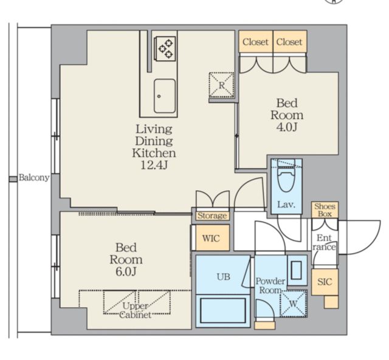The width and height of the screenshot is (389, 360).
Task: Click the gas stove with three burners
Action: point(165,49)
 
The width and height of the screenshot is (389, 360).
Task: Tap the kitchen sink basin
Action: point(165,96)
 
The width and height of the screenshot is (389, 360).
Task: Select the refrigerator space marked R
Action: point(221,85)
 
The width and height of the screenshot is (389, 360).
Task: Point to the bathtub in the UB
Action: point(223,310)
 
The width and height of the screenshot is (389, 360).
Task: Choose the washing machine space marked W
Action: point(294,304)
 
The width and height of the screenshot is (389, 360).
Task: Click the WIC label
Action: point(211,239)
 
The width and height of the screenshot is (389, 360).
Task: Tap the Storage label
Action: point(212,216)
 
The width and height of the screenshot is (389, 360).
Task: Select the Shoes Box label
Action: point(325,210)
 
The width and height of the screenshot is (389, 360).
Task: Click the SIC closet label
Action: point(325,282)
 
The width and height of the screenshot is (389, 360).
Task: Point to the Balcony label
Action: point(34,178)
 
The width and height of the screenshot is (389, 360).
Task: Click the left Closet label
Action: point(255,42)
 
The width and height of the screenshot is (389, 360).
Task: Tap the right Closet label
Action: point(289,42)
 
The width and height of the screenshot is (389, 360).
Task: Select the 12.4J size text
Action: point(154,165)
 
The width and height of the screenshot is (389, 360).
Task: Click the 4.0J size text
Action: point(287,127)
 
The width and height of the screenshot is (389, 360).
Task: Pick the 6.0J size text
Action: point(126,272)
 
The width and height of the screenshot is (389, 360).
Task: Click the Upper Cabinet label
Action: point(136,310)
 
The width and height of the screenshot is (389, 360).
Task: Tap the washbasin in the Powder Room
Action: point(297,270)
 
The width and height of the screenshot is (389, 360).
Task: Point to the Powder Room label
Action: point(270,286)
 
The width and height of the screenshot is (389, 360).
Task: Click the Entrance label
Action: point(324,242)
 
